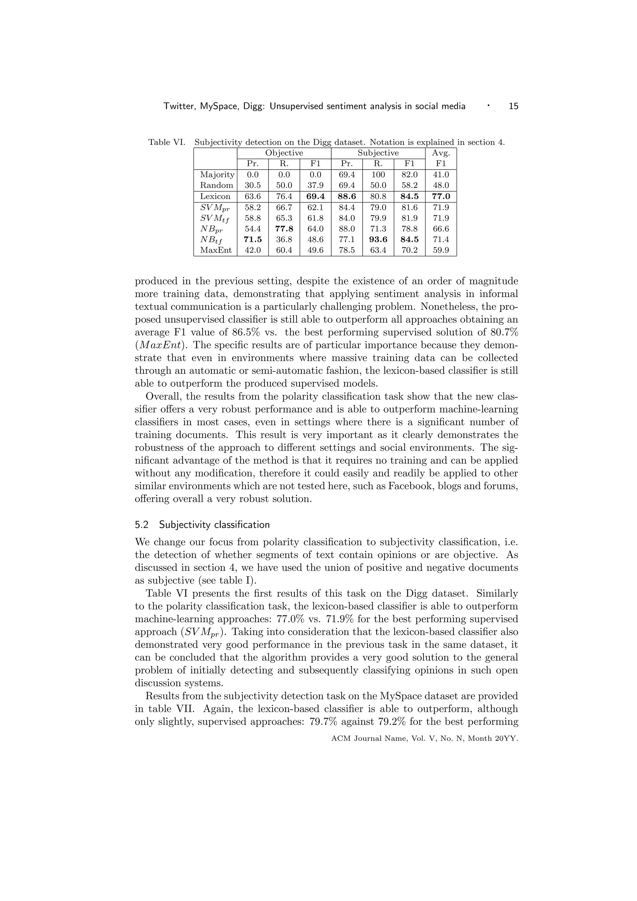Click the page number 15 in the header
coord(513,106)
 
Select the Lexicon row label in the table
coord(215,196)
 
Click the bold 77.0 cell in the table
coord(440,196)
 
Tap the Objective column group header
coord(284,153)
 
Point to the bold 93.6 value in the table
coord(378,239)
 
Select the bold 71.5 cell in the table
coord(253,239)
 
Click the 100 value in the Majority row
coord(378,175)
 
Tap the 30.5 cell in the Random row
coord(253,185)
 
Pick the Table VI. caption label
coord(166,142)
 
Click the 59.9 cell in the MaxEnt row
coord(440,250)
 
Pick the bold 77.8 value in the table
coord(284,229)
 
